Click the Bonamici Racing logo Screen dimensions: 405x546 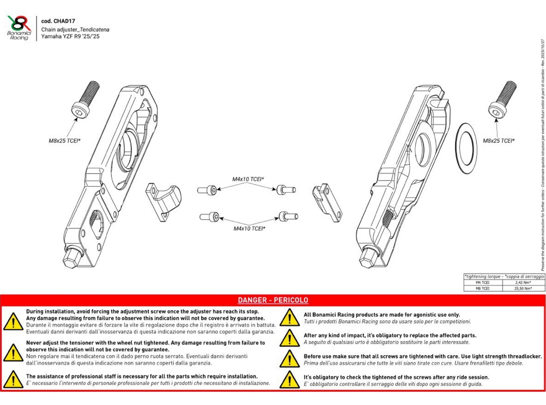click(19, 27)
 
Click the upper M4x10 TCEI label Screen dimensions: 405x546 click(248, 179)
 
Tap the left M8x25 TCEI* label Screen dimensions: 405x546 click(65, 141)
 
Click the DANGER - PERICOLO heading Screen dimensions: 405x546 click(273, 300)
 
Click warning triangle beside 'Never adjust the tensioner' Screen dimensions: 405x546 click(14, 352)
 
